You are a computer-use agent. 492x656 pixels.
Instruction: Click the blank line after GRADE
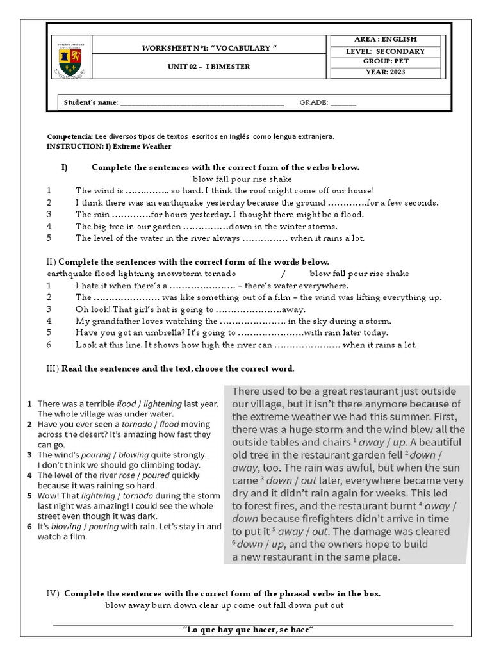(343, 102)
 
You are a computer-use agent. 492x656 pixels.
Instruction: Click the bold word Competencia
(69, 136)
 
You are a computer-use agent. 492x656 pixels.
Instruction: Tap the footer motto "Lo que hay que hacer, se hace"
(247, 630)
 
